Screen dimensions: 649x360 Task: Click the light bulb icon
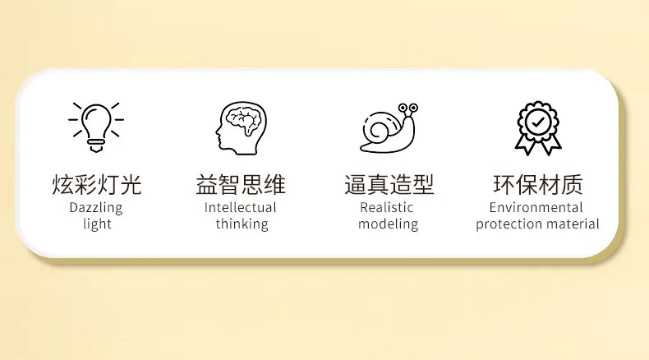coord(96,127)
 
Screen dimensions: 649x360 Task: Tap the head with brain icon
coord(241,128)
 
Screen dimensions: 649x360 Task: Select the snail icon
coord(389,127)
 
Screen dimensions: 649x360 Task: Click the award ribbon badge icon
coord(537,128)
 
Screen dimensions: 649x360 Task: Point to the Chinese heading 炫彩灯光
coord(97,184)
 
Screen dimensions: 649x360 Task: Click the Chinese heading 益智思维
coord(241,184)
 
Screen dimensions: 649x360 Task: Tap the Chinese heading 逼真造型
coord(389,184)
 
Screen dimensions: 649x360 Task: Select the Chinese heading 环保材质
coord(537,184)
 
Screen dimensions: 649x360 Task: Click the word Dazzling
coord(96,208)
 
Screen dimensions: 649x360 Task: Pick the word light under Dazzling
coord(97,224)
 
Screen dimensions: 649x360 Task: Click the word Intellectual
coord(241,207)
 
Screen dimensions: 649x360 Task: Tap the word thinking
coord(242,224)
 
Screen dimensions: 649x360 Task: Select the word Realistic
coord(387,207)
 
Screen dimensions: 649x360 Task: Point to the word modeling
coord(389,224)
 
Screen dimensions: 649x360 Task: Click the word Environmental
coord(536,207)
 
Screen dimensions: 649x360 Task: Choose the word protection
coord(504,224)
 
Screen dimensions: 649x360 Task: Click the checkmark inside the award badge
coord(538,122)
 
